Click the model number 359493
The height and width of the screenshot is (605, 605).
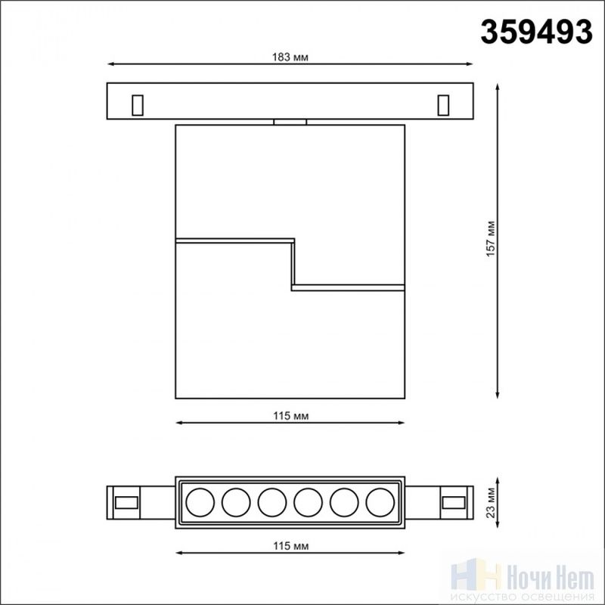click(x=536, y=33)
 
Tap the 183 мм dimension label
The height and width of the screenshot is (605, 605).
click(x=290, y=57)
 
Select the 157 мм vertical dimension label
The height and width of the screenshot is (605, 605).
click(x=490, y=239)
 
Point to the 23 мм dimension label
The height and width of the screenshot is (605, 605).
click(x=490, y=503)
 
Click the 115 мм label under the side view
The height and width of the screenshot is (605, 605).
click(x=291, y=416)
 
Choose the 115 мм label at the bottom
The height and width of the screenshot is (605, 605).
click(x=291, y=546)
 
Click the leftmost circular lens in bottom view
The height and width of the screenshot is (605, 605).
click(x=200, y=502)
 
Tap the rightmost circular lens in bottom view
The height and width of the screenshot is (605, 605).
click(x=380, y=502)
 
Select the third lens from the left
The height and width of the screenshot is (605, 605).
click(x=272, y=502)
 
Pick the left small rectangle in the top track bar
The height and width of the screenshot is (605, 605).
click(x=138, y=105)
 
